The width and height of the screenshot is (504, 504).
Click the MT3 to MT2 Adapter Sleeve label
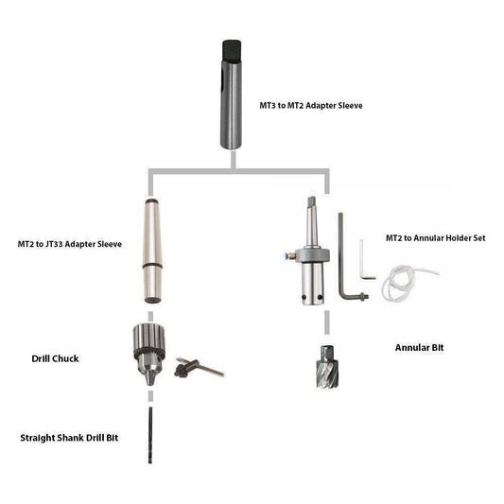(311, 105)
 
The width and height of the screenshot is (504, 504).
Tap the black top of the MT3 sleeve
(232, 51)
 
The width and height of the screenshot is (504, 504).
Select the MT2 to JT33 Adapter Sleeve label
(70, 244)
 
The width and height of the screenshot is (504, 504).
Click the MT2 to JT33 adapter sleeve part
(152, 251)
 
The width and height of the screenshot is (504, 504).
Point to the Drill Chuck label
(55, 358)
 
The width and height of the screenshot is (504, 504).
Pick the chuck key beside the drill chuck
(199, 368)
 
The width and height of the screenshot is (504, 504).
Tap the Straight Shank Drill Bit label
(69, 438)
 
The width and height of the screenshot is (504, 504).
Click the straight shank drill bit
(150, 435)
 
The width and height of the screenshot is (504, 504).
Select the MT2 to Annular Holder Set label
(436, 238)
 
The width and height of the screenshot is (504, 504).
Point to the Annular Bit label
(419, 347)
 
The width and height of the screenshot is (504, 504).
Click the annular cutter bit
(327, 368)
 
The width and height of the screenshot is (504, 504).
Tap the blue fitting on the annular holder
(286, 255)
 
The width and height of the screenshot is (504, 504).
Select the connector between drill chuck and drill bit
(150, 396)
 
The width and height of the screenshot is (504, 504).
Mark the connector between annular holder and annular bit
(327, 322)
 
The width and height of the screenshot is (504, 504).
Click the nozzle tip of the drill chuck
(149, 378)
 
